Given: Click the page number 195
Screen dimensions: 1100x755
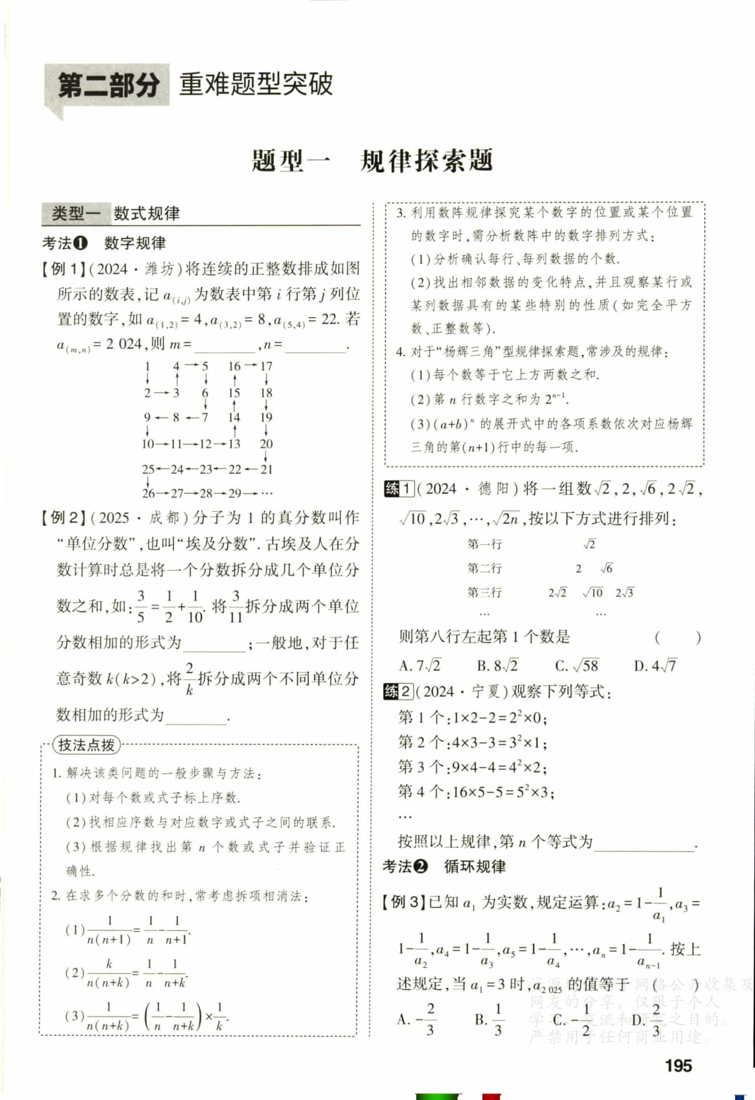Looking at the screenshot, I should (678, 1066).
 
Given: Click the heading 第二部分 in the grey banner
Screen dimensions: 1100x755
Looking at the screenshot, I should (108, 85).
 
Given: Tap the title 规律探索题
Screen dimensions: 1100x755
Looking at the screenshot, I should (426, 161).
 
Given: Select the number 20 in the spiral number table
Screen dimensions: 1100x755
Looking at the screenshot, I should (266, 444).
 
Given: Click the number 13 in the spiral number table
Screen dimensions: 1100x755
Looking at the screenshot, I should (234, 444).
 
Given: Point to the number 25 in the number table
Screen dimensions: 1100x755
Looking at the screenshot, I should (148, 469).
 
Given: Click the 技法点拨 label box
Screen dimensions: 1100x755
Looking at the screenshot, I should (86, 745).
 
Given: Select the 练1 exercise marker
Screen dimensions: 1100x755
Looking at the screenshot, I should (398, 489).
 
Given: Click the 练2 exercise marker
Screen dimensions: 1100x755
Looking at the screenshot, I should (398, 691).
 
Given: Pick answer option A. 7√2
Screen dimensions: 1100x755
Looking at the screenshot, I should (419, 666).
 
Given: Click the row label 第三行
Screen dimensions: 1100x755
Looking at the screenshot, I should (484, 592).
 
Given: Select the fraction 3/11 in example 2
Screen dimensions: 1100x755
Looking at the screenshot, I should (235, 606).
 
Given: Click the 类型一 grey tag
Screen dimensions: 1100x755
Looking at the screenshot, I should (75, 213).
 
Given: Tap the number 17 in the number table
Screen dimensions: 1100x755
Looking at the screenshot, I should (266, 366).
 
